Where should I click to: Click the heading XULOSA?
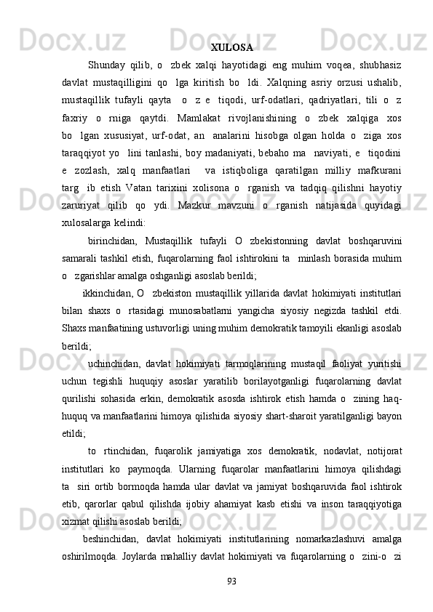point(231,49)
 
